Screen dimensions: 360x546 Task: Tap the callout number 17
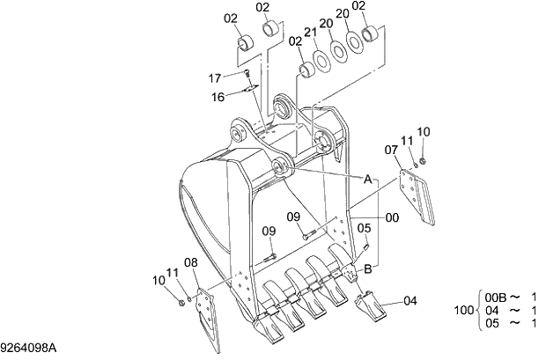[215, 78]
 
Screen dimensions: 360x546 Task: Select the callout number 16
[217, 98]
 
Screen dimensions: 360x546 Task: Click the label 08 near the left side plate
[190, 262]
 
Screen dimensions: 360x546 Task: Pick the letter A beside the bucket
[368, 179]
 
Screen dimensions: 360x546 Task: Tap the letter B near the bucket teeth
[368, 269]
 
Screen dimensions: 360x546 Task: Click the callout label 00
[391, 217]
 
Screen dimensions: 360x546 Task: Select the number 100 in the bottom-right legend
[464, 311]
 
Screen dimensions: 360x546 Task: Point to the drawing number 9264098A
[29, 349]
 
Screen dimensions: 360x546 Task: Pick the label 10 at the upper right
[424, 132]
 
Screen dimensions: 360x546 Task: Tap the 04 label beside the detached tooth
[409, 301]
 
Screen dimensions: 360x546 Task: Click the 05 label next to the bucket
[363, 228]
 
